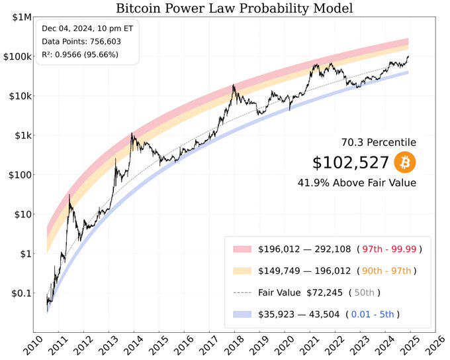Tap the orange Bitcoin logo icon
(x=405, y=162)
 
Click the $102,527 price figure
(x=350, y=162)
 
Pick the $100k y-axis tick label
(x=15, y=56)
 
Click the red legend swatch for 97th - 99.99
(x=243, y=249)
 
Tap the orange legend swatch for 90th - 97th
(x=243, y=270)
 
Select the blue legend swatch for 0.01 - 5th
(x=243, y=314)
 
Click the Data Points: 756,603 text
(x=81, y=41)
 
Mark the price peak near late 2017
(x=234, y=86)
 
